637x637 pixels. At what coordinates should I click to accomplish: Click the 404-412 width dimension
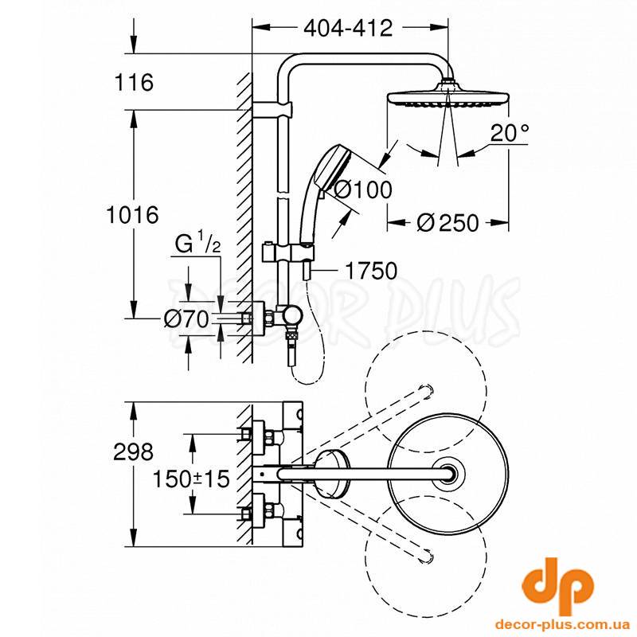point(349,28)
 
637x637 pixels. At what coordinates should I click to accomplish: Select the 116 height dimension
point(134,82)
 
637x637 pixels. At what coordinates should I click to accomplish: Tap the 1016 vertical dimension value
point(132,214)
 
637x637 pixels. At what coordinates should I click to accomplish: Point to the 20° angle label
point(510,132)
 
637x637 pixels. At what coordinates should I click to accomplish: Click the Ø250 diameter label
point(447,223)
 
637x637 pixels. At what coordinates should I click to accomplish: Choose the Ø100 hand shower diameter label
point(362,190)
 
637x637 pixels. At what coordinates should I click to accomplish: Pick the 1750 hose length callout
point(371,271)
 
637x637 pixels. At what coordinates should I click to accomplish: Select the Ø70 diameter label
point(186,319)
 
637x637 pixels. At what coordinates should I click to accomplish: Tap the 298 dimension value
point(133,451)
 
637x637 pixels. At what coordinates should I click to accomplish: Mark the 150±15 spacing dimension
point(191,479)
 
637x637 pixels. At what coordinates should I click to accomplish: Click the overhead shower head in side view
point(447,96)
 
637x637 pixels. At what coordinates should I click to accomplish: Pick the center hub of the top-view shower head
point(448,474)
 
